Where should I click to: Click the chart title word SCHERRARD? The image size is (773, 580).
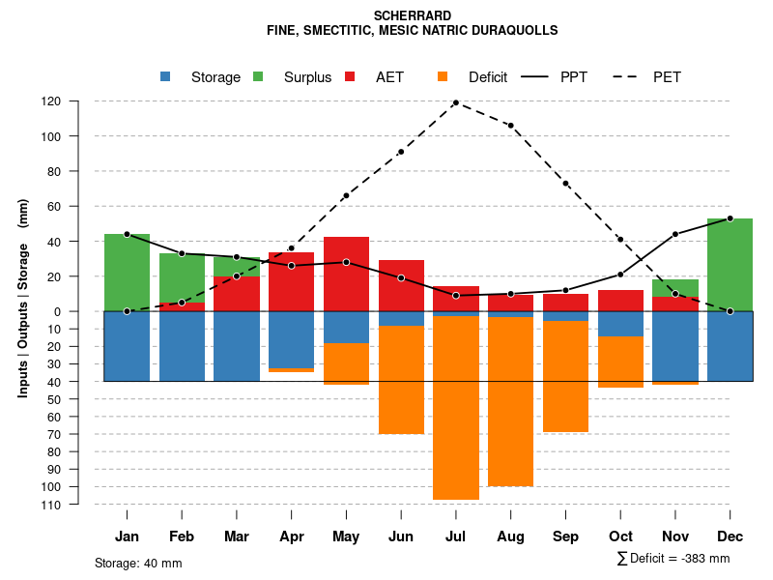click(x=412, y=16)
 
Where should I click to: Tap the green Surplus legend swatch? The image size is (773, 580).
click(x=259, y=76)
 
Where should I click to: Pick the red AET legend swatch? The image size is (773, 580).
click(x=351, y=76)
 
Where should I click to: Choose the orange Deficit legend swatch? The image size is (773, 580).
click(x=443, y=76)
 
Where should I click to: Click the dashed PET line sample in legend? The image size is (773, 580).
click(x=630, y=76)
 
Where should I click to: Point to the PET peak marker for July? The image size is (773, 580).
click(x=455, y=102)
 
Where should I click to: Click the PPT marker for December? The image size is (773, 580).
click(x=730, y=218)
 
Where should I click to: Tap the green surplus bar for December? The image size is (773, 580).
click(x=730, y=265)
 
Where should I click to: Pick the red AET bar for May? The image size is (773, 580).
click(x=346, y=274)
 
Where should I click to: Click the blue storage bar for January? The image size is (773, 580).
click(x=127, y=346)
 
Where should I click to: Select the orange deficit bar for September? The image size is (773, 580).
click(x=565, y=376)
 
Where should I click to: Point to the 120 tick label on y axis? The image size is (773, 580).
click(x=78, y=101)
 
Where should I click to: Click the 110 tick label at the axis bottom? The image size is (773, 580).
click(x=78, y=505)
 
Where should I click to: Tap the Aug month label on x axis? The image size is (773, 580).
click(x=510, y=536)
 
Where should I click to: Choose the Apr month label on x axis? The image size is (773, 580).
click(x=291, y=536)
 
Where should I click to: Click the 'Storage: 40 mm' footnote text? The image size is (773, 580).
click(x=138, y=563)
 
